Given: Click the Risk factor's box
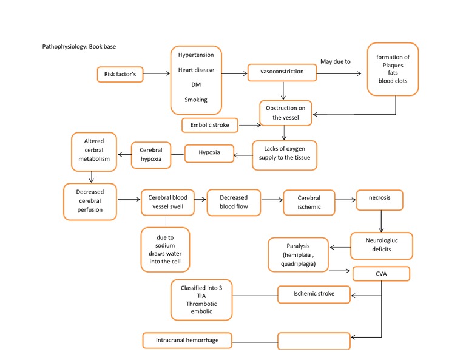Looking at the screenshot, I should pyautogui.click(x=120, y=75).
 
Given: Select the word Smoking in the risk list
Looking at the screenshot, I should pyautogui.click(x=195, y=100).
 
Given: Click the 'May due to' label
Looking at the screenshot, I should pyautogui.click(x=335, y=62).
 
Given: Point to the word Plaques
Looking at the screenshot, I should pyautogui.click(x=393, y=65).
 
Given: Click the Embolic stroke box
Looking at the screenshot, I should pyautogui.click(x=209, y=125).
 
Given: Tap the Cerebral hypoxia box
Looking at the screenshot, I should pyautogui.click(x=151, y=154).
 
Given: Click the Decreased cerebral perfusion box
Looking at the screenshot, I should pyautogui.click(x=90, y=201).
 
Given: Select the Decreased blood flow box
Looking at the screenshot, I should pyautogui.click(x=234, y=202).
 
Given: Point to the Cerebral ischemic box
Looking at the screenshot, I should pyautogui.click(x=309, y=202).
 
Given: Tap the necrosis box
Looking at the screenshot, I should pyautogui.click(x=379, y=198).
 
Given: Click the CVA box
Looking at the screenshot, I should pyautogui.click(x=380, y=274).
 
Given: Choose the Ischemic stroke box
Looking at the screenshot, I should pyautogui.click(x=314, y=294).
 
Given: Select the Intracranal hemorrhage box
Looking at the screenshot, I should pyautogui.click(x=187, y=341).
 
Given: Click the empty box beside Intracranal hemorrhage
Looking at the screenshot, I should pyautogui.click(x=314, y=341).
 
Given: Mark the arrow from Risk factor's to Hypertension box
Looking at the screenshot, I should pyautogui.click(x=157, y=73).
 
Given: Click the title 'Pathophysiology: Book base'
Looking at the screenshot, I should pyautogui.click(x=84, y=47).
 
